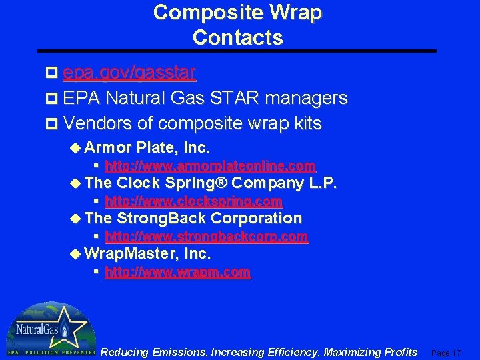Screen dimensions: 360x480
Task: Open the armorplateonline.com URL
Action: [210, 165]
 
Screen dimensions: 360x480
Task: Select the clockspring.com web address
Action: [193, 201]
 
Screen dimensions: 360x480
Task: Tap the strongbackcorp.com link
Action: [207, 236]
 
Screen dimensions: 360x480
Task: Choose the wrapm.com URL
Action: [178, 272]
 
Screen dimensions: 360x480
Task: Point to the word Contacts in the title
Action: [237, 37]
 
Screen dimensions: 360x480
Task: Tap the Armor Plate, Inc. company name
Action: [147, 147]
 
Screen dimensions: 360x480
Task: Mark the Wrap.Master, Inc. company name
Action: [148, 254]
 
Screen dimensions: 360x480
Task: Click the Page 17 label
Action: [446, 352]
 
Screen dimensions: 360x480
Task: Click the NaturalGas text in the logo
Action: [35, 330]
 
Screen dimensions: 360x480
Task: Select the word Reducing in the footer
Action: [124, 352]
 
